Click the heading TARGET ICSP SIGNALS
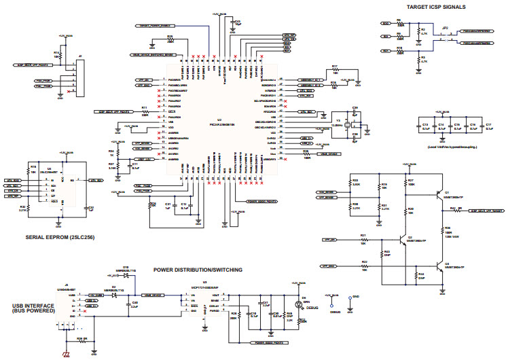pyautogui.click(x=435, y=7)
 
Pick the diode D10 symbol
pyautogui.click(x=126, y=276)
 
